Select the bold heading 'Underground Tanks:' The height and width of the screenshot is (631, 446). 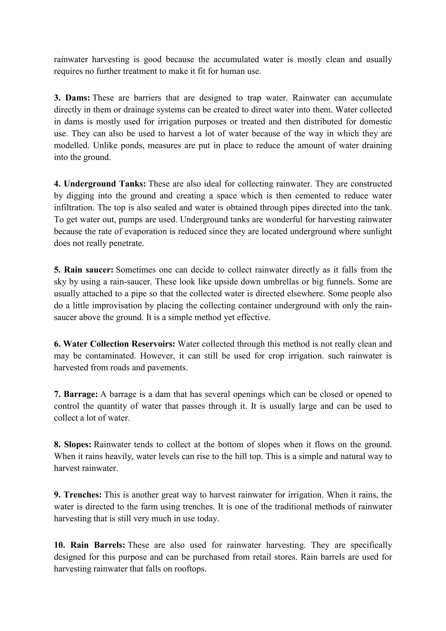pos(105,184)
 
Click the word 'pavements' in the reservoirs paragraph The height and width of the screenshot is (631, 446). pos(167,368)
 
